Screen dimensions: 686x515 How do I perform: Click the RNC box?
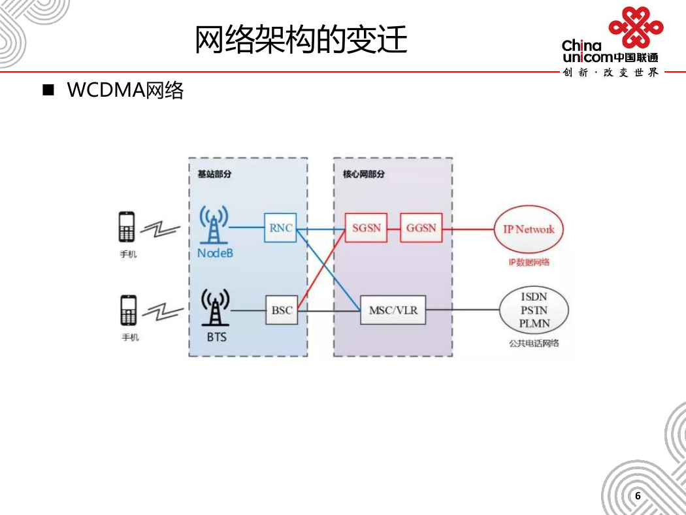tap(280, 227)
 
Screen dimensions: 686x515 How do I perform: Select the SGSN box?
tap(366, 227)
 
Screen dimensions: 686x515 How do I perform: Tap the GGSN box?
tap(421, 227)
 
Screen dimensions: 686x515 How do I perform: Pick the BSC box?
tap(282, 310)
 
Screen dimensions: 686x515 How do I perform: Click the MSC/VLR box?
tap(393, 310)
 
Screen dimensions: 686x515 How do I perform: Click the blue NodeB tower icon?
tap(214, 224)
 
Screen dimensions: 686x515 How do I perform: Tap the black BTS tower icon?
tap(215, 307)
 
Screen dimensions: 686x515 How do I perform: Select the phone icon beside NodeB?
tap(127, 227)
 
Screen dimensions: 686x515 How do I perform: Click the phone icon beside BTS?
tap(129, 310)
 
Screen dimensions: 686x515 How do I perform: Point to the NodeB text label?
tap(215, 253)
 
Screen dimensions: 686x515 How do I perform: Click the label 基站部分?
tap(214, 174)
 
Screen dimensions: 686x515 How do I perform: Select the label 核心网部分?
tap(363, 174)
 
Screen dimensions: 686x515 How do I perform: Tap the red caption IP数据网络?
tap(529, 262)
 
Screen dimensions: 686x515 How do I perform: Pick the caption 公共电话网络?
tap(534, 343)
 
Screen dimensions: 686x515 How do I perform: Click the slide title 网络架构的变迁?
tap(301, 39)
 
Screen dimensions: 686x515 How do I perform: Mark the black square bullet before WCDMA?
tap(48, 90)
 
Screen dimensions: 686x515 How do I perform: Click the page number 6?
tap(638, 496)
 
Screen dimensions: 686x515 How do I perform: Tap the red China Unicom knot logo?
tap(636, 26)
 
